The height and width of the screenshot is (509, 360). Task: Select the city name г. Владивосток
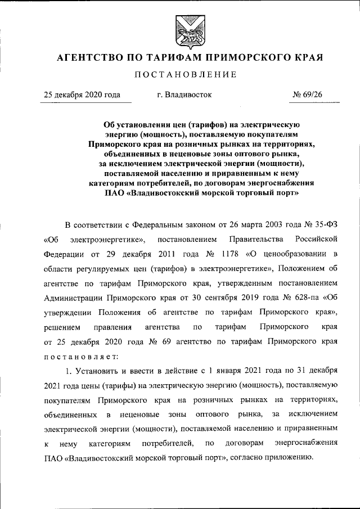[x=184, y=95]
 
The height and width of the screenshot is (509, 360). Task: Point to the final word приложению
[x=288, y=458]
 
